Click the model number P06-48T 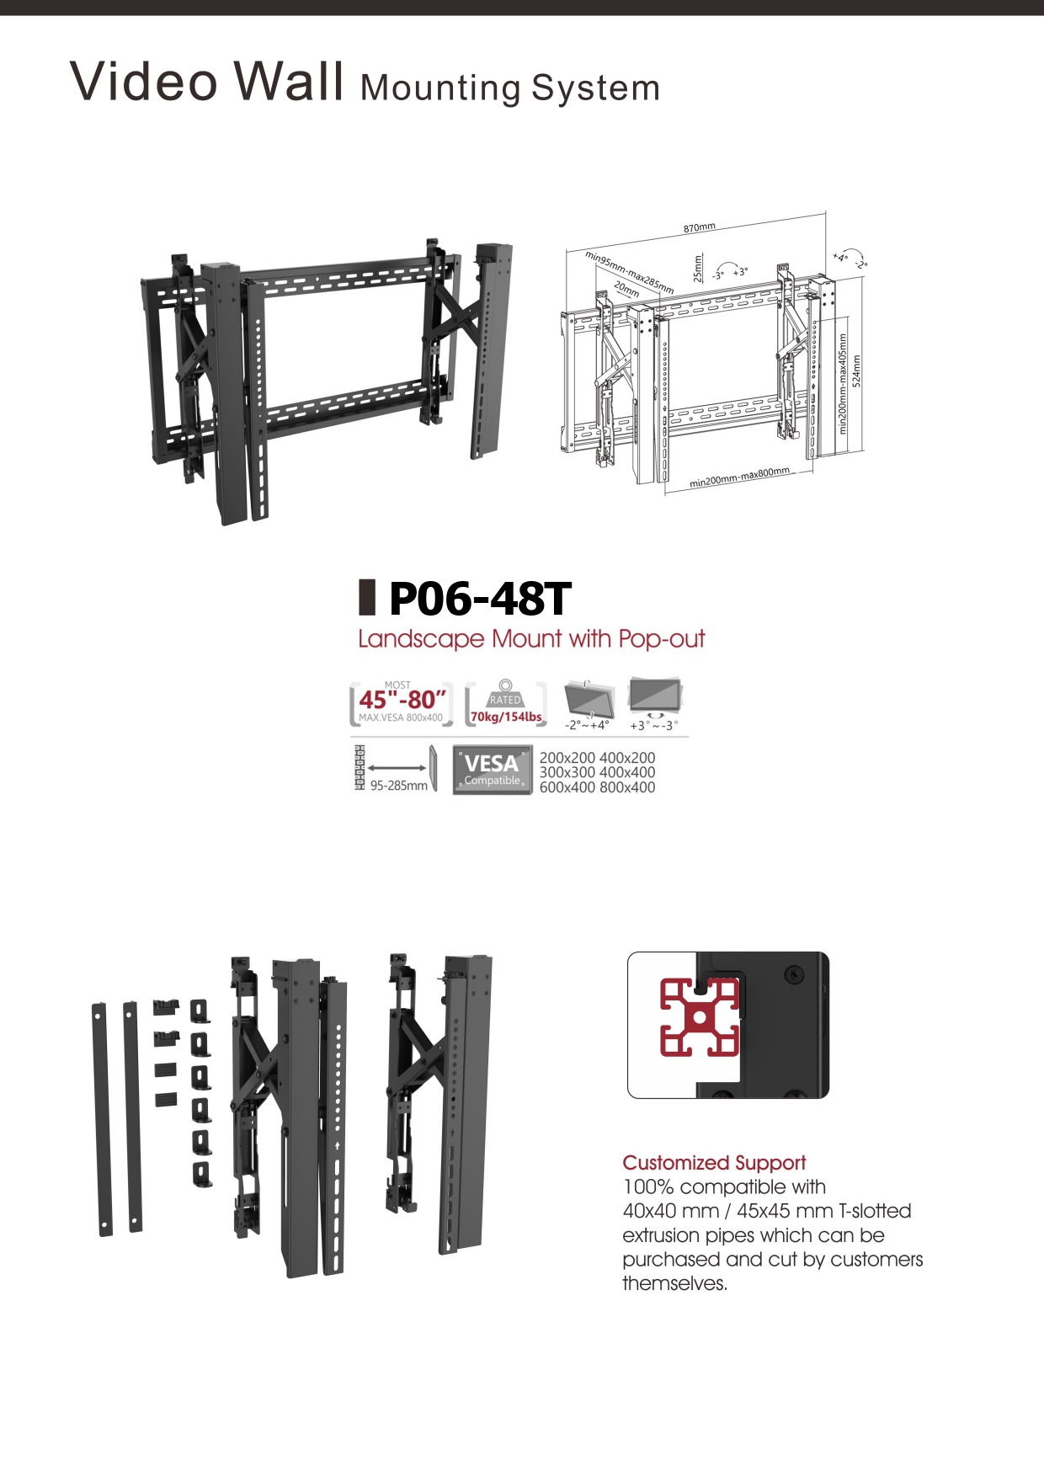[479, 599]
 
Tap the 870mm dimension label [699, 227]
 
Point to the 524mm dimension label [857, 371]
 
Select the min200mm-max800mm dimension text [739, 477]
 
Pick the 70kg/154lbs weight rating [506, 717]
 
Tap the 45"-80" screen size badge [402, 700]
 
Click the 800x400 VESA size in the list [627, 787]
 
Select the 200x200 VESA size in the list [567, 758]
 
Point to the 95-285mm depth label [398, 786]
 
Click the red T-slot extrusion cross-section [699, 1017]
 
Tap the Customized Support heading [714, 1163]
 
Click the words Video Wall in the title [207, 82]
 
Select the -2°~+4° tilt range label [587, 725]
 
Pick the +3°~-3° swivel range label [653, 725]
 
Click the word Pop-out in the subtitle [662, 639]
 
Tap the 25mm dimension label [697, 269]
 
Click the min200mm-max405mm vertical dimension [843, 384]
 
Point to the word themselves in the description [674, 1283]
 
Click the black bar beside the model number [367, 597]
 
